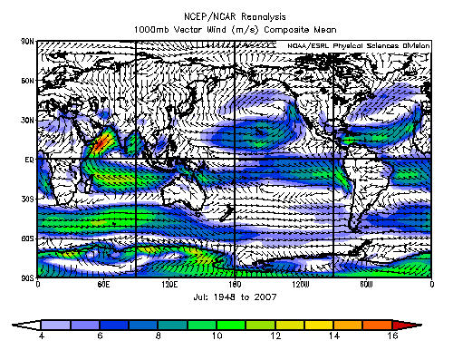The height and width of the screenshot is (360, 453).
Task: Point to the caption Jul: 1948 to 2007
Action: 235,297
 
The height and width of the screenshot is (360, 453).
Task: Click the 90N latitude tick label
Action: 27,42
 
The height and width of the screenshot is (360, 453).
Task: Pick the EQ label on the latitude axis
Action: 29,159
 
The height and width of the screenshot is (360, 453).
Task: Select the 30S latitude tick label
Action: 27,198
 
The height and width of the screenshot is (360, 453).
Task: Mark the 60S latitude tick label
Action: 27,237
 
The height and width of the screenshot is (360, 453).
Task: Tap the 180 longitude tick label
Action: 235,284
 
